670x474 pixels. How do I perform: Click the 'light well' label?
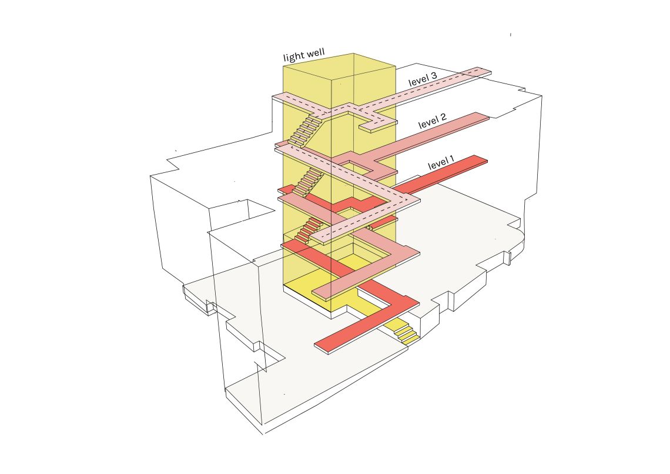pos(304,55)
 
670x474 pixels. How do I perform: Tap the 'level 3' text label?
pos(423,79)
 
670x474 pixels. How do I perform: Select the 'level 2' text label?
pos(433,121)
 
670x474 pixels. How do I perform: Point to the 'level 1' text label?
pos(441,162)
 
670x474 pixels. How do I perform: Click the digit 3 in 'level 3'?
pos(433,76)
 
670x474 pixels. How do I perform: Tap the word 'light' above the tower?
pos(293,57)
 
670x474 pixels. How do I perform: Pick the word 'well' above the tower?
pos(316,54)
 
